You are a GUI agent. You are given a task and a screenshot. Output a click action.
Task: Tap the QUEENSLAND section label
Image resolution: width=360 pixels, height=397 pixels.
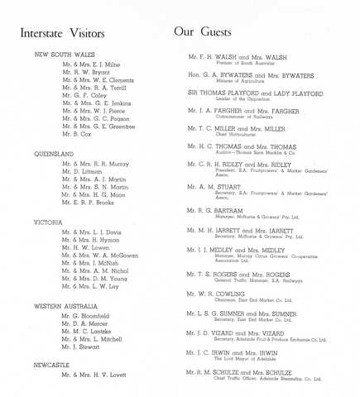[x=55, y=154]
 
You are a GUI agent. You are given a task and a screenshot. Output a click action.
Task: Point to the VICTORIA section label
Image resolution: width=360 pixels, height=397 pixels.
[x=48, y=222]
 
